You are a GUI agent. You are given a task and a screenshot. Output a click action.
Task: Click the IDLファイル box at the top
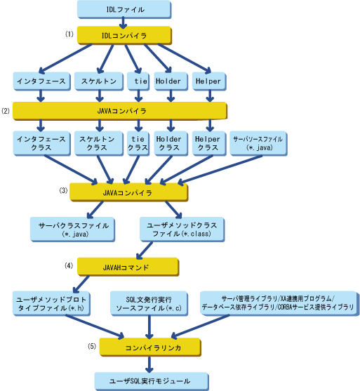tap(124, 9)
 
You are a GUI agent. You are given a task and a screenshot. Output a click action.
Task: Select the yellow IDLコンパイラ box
tap(124, 35)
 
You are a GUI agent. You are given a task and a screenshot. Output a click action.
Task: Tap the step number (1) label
tap(69, 34)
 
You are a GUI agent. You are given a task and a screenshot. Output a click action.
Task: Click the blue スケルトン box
tap(99, 81)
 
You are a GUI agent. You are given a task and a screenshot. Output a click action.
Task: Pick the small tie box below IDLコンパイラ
tap(138, 81)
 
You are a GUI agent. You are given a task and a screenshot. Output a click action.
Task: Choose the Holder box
tap(171, 81)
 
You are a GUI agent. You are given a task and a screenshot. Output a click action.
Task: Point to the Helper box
tap(209, 81)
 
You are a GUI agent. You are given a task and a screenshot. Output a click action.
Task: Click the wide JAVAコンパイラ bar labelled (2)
tap(120, 111)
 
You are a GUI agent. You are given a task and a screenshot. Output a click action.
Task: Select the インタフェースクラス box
tap(41, 143)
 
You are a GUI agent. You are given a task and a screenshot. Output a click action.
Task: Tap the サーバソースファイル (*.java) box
tap(258, 143)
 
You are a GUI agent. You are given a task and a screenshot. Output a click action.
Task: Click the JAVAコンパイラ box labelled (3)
tap(128, 192)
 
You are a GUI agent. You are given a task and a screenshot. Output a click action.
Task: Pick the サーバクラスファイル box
tap(72, 230)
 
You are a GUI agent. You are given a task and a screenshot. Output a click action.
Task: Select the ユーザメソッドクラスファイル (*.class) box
tap(182, 230)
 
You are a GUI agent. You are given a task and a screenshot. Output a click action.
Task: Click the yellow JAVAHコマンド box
tap(128, 267)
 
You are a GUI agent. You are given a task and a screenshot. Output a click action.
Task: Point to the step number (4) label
tap(69, 266)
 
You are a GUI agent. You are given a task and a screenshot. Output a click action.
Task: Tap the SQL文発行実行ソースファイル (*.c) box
tap(149, 303)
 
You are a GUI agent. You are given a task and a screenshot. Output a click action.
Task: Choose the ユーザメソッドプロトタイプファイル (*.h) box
tap(52, 303)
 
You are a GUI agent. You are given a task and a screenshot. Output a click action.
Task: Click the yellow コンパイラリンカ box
tap(150, 347)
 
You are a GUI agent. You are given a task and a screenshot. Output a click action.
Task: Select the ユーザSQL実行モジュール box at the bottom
tap(152, 381)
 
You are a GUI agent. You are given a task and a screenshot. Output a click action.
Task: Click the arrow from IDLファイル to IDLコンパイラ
tap(123, 22)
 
